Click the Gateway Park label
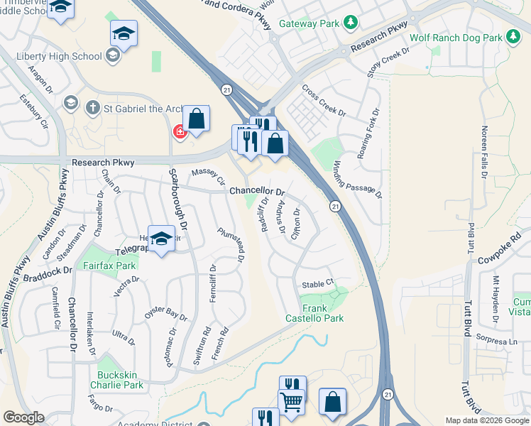[x=310, y=23]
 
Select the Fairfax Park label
[x=109, y=266]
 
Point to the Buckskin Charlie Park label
[x=116, y=380]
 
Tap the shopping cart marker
[x=291, y=403]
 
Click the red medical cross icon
[x=180, y=131]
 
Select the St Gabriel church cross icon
[x=92, y=108]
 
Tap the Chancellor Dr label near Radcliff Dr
[x=256, y=192]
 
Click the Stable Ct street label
[x=317, y=284]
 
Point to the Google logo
[x=23, y=417]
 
